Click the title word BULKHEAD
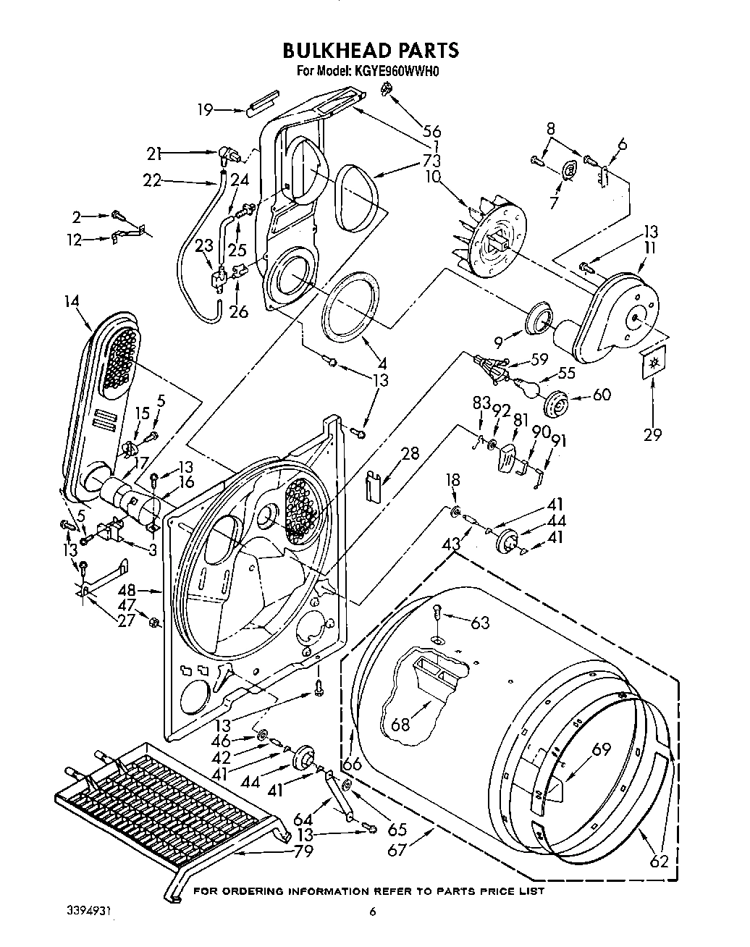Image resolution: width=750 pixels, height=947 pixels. click(337, 50)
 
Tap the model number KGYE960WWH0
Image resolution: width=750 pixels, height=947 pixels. click(398, 72)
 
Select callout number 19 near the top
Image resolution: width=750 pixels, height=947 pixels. click(205, 110)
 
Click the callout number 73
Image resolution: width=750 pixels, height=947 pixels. click(433, 160)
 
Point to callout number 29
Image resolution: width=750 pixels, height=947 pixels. click(653, 434)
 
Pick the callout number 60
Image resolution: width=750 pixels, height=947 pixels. click(602, 395)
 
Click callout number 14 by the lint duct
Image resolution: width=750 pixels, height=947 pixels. click(71, 302)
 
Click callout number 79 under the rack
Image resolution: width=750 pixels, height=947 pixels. click(303, 851)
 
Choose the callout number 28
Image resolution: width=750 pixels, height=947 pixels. click(410, 454)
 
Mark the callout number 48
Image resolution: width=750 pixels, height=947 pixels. click(147, 591)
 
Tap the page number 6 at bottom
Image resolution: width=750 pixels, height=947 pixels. click(372, 912)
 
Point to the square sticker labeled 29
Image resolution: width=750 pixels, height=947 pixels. click(654, 363)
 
